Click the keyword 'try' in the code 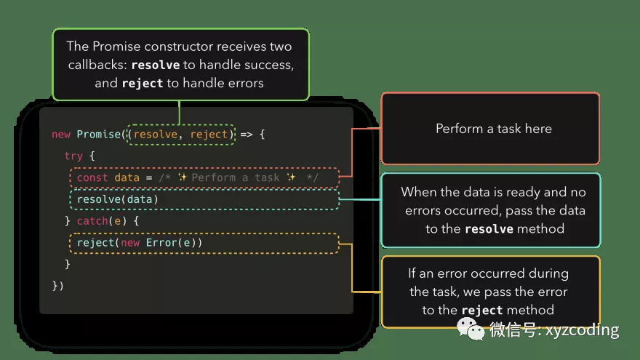tap(73, 156)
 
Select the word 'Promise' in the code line tap(98, 135)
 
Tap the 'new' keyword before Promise tap(61, 135)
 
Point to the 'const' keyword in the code tap(92, 177)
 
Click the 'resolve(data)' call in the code tap(117, 199)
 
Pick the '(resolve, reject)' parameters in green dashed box tap(180, 135)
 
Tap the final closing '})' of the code tap(58, 286)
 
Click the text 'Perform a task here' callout tap(494, 129)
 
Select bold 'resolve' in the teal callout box tap(489, 229)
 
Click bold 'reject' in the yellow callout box tap(482, 311)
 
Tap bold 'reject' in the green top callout tap(143, 83)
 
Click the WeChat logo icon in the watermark tap(471, 330)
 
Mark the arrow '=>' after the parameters tap(247, 135)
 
